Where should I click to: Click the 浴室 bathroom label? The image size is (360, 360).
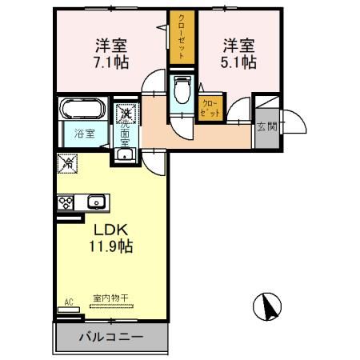(x=86, y=134)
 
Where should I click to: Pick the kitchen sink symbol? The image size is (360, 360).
(x=96, y=202)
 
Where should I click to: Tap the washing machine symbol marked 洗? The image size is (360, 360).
(x=126, y=114)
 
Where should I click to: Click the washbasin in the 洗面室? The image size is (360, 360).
(x=126, y=155)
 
